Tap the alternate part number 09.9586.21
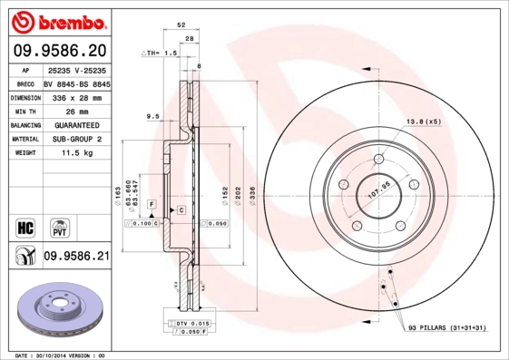click(x=76, y=257)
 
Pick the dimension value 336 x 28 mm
click(x=76, y=96)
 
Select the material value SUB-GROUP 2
click(x=76, y=139)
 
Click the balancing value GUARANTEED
click(x=76, y=124)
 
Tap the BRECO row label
click(x=25, y=83)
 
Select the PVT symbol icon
click(x=60, y=226)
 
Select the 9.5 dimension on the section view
click(x=152, y=116)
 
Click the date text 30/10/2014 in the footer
click(x=59, y=355)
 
